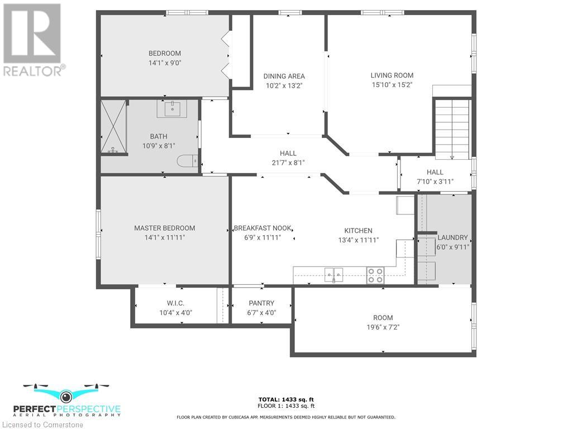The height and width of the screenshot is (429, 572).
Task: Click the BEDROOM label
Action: [164, 54]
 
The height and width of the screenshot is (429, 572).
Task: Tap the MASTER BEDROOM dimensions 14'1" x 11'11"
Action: [164, 237]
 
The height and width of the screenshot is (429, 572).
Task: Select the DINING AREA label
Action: [284, 77]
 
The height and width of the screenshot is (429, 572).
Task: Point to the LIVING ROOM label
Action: [392, 75]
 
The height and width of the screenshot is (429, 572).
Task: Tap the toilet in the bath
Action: [187, 161]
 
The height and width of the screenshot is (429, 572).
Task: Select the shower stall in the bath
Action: [113, 127]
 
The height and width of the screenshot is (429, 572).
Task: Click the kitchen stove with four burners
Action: [375, 274]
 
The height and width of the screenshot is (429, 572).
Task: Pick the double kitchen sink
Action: [334, 274]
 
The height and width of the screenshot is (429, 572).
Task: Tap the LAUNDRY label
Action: [452, 237]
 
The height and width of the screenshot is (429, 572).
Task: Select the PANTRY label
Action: [261, 303]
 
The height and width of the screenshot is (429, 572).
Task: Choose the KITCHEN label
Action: [358, 231]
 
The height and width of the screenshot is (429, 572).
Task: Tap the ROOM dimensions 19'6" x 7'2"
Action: [383, 327]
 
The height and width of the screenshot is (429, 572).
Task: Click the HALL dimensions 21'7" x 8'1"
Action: [288, 163]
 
